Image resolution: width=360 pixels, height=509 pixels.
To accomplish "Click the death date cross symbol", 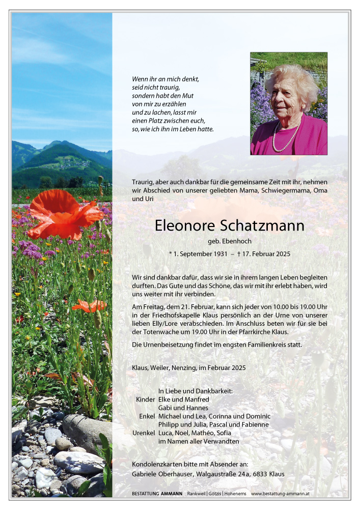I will click(239, 253).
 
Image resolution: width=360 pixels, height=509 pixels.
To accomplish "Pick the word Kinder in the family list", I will click(145, 400).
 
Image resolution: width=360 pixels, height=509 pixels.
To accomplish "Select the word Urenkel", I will click(143, 433).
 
